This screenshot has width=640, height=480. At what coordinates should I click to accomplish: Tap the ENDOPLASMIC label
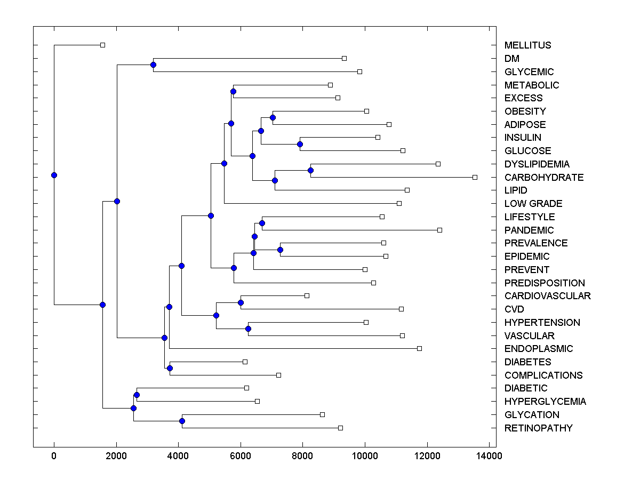539,349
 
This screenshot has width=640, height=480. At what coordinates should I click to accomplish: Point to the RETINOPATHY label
539,428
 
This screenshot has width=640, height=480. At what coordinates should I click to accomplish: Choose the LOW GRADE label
533,204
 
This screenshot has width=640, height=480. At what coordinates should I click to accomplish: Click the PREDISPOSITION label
545,283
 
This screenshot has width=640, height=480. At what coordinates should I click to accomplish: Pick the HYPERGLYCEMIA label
545,402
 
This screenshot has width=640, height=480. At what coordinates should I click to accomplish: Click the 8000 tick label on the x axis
302,456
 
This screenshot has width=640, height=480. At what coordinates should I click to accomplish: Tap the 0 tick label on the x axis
54,456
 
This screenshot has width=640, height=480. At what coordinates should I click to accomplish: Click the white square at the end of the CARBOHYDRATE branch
475,177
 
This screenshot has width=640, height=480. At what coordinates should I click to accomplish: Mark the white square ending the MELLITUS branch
103,45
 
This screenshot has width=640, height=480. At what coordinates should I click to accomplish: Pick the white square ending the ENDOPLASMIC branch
419,348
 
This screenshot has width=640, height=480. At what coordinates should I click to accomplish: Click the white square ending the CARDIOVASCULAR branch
307,295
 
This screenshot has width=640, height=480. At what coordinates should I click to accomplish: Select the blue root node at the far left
54,175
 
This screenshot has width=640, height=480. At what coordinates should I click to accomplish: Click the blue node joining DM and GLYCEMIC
153,65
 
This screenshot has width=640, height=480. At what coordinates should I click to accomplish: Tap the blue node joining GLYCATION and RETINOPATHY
182,421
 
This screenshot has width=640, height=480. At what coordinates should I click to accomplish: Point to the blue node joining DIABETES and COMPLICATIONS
170,369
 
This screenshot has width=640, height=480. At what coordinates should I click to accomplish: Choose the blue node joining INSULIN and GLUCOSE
300,144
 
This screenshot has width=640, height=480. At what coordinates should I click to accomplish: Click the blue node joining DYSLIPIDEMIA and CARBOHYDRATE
310,171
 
